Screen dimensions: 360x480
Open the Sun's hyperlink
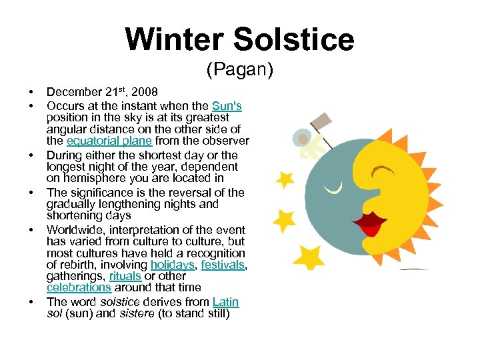point(227,105)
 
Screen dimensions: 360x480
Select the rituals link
point(125,276)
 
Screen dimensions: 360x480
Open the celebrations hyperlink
point(79,287)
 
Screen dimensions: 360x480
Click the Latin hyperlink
point(225,301)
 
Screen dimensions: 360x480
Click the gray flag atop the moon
point(322,121)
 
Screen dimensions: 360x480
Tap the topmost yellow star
point(285,179)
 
